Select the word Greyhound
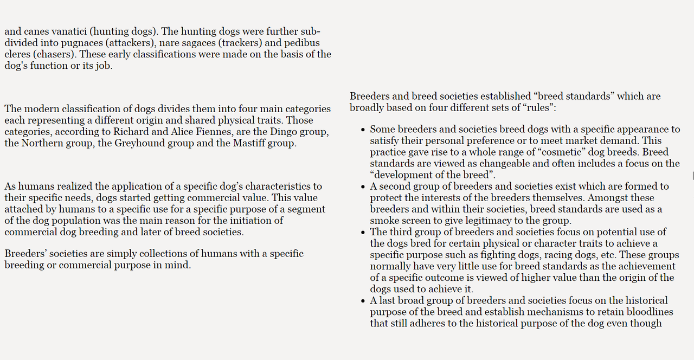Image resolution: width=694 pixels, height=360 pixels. pos(138,144)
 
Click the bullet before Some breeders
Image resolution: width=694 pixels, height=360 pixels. pos(363,130)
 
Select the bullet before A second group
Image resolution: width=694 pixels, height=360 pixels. pos(363,187)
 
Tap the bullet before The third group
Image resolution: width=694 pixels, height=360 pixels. pos(363,233)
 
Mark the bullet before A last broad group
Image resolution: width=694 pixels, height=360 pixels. pos(363,301)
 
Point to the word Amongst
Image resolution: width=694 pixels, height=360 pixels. pos(609,198)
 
